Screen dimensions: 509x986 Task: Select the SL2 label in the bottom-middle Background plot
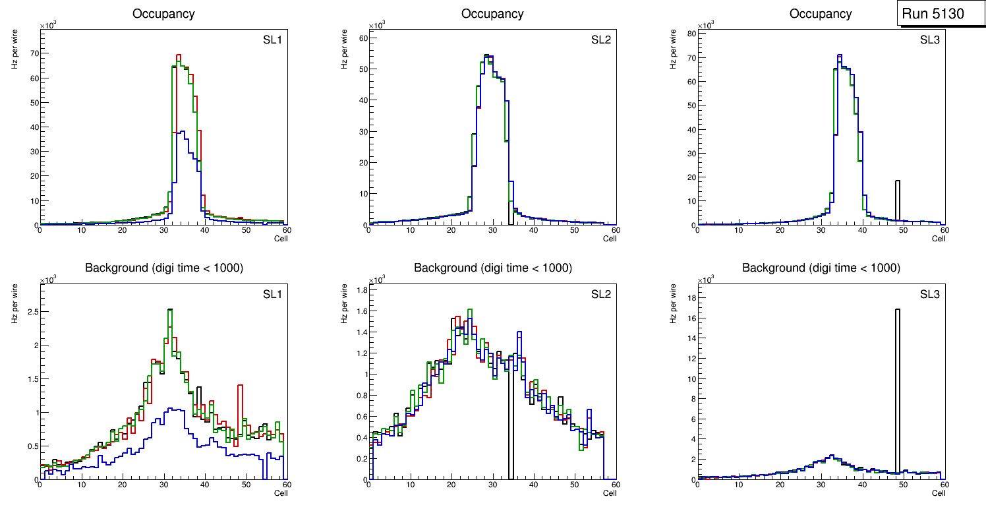(x=601, y=294)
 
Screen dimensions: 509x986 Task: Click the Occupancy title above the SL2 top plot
(x=492, y=13)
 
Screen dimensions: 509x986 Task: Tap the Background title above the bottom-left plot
(x=164, y=268)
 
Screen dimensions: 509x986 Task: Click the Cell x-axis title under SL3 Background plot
(x=939, y=493)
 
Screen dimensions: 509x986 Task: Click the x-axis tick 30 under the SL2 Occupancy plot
(x=492, y=230)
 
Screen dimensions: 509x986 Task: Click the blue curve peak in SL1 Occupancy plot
(x=183, y=132)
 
